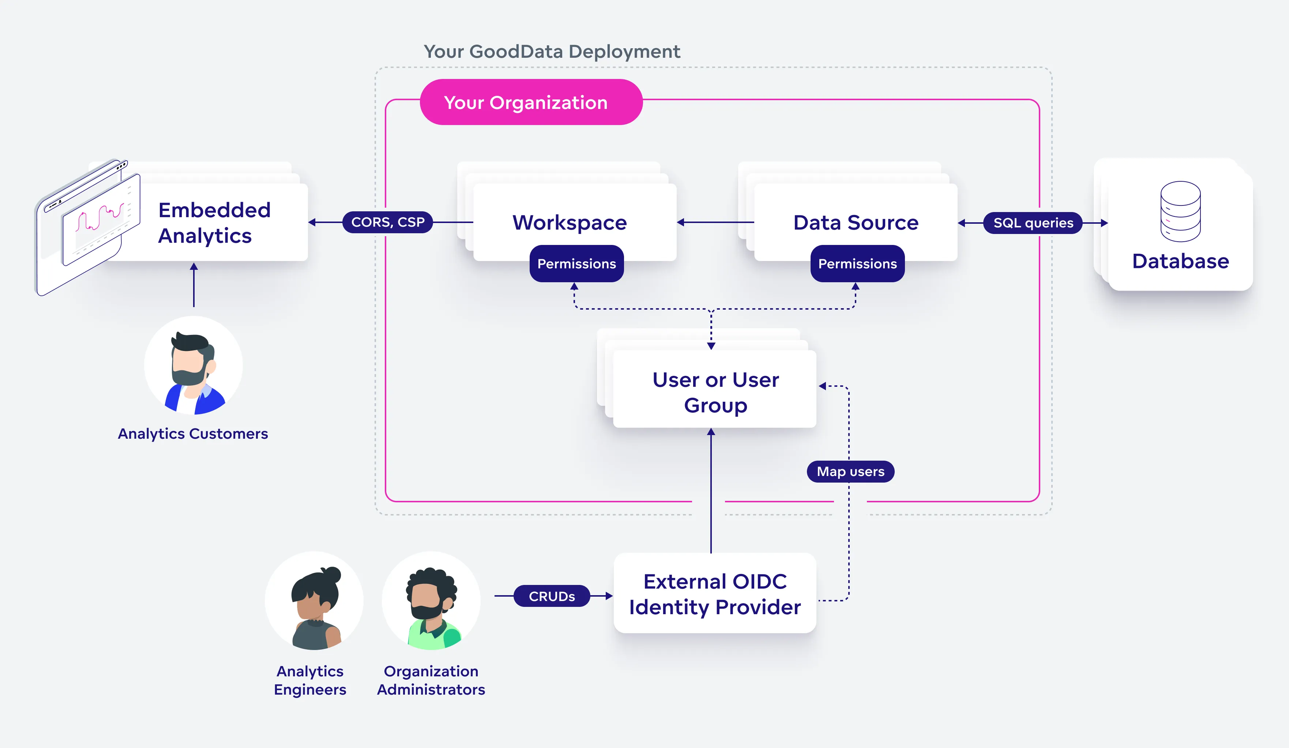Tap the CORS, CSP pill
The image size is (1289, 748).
[387, 222]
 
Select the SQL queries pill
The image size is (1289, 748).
[1032, 223]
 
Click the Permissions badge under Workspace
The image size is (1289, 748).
[576, 264]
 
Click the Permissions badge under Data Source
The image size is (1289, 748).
[857, 264]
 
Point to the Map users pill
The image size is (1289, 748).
[850, 471]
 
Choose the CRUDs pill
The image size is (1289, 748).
[551, 596]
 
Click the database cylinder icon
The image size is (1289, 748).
[1180, 211]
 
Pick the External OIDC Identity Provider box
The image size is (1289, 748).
[715, 594]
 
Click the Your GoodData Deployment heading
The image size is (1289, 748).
[551, 52]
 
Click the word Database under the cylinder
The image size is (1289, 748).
[1180, 261]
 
